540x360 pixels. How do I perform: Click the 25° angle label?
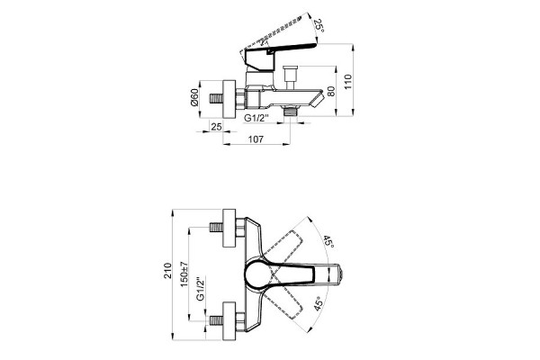click(x=319, y=26)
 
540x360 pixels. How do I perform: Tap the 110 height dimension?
click(x=348, y=82)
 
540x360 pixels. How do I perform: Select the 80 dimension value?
click(x=330, y=91)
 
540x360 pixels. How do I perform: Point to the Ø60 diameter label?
click(x=194, y=97)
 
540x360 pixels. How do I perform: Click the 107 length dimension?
click(x=256, y=139)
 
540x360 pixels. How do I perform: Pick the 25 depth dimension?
click(x=216, y=126)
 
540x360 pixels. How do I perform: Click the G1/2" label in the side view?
click(x=256, y=118)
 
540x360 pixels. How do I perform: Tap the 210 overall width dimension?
click(x=167, y=270)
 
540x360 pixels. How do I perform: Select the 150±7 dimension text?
click(x=184, y=274)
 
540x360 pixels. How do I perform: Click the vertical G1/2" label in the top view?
click(x=201, y=289)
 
